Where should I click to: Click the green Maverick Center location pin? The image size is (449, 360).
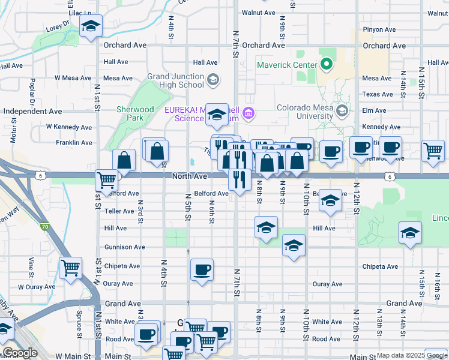[327, 63]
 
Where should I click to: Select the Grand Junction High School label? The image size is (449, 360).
[175, 80]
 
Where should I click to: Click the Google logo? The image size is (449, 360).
[19, 352]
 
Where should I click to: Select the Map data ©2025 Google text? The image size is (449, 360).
[411, 356]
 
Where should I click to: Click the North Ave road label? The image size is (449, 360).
[189, 176]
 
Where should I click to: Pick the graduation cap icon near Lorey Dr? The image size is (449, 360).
[91, 26]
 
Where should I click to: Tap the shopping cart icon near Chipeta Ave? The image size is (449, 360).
[70, 268]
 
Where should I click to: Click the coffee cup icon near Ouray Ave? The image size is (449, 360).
[202, 269]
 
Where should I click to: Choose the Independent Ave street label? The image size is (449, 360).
[32, 111]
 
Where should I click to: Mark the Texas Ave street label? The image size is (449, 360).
[378, 94]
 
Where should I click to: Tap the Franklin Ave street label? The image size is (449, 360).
[74, 143]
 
